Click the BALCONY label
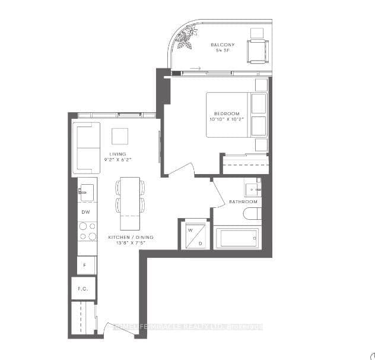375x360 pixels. (223, 45)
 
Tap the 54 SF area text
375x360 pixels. (223, 51)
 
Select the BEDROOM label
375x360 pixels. (227, 113)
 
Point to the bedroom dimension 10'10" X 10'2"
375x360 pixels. (227, 120)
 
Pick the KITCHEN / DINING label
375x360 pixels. (130, 237)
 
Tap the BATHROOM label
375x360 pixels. (243, 202)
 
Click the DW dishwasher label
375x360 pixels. (85, 212)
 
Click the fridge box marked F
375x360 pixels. (85, 265)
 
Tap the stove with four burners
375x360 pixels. (87, 231)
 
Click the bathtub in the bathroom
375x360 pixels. (236, 239)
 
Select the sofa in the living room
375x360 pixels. (86, 148)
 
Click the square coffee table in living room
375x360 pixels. (120, 136)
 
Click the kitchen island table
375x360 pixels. (131, 203)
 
